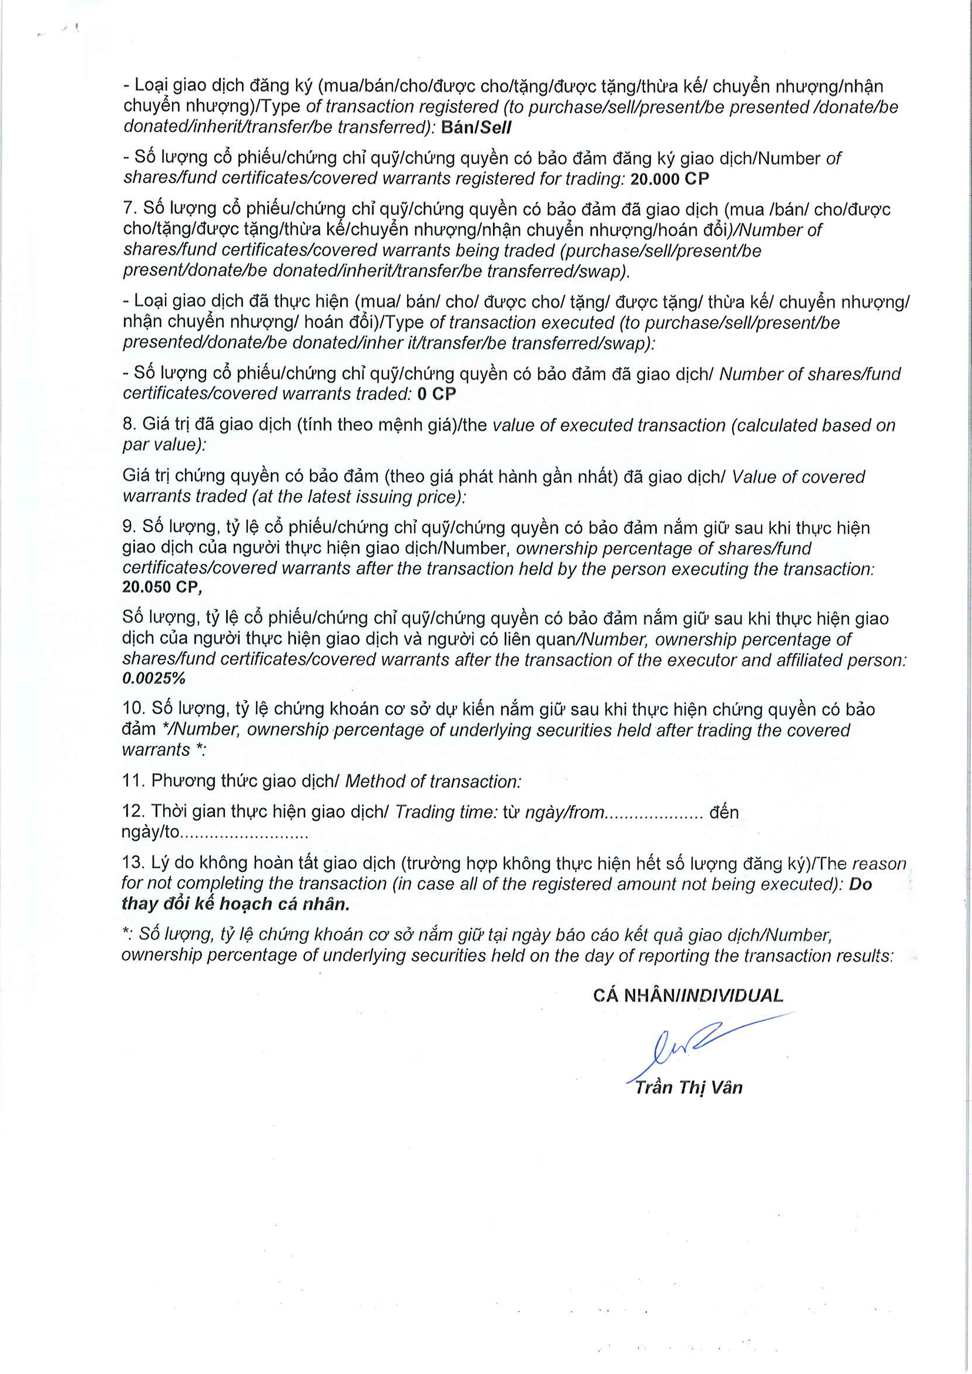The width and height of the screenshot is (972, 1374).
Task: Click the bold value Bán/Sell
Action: pos(476,127)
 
